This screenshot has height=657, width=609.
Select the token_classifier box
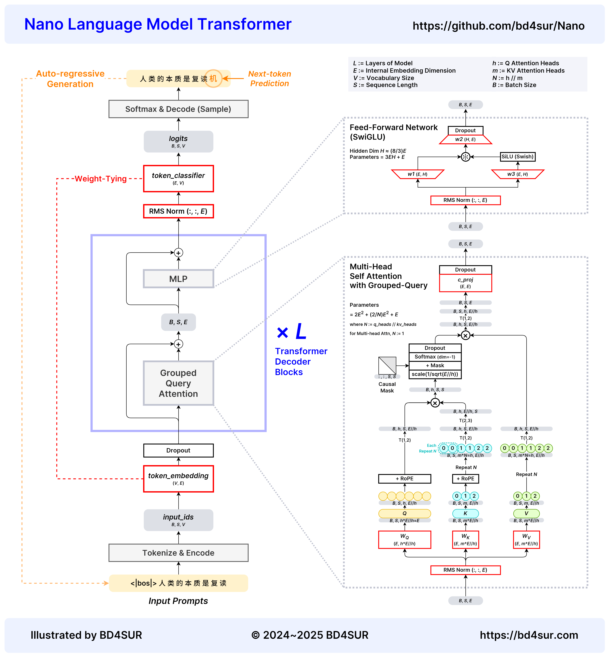pyautogui.click(x=178, y=178)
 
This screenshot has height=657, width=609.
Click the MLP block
pyautogui.click(x=178, y=279)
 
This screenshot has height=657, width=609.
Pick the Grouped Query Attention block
pyautogui.click(x=178, y=383)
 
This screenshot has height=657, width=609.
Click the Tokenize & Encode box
pyautogui.click(x=178, y=553)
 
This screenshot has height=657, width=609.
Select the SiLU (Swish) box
pyautogui.click(x=517, y=157)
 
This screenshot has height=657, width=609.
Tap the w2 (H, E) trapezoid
pyautogui.click(x=465, y=139)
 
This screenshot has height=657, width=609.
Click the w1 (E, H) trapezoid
pyautogui.click(x=418, y=174)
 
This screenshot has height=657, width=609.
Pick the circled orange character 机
pyautogui.click(x=213, y=78)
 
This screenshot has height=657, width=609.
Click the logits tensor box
pyautogui.click(x=178, y=141)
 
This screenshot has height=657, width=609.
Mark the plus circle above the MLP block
pyautogui.click(x=178, y=253)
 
